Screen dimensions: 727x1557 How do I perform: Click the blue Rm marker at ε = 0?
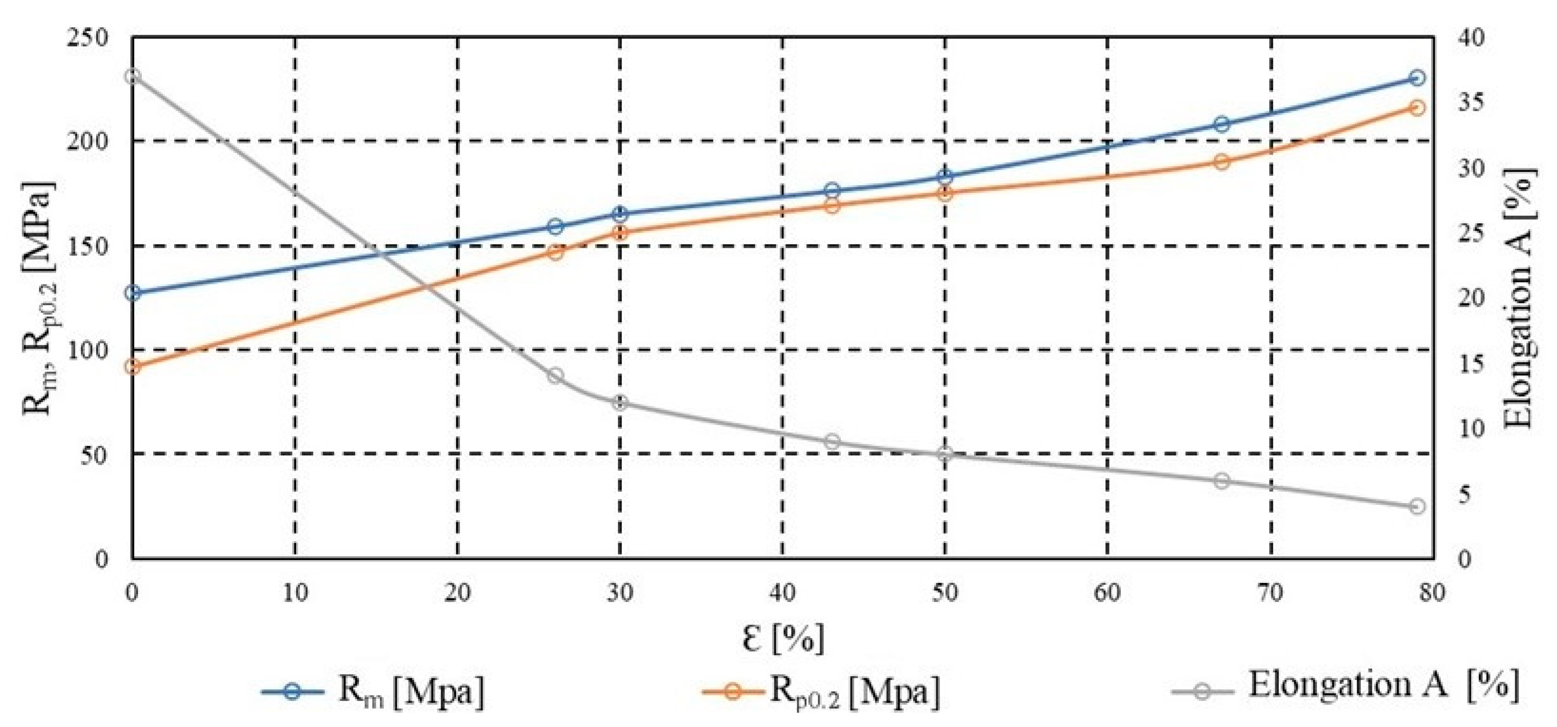133,293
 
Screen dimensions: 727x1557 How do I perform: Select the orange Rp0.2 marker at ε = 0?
133,366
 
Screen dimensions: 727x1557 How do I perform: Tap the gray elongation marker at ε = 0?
133,77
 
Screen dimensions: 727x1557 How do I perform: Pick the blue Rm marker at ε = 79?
1418,78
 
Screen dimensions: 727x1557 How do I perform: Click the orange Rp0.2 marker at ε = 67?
1221,162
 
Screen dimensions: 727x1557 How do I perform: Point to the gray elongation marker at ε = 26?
555,375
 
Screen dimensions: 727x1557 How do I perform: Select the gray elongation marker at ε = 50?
945,454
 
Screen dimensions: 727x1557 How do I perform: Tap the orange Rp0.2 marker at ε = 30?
620,233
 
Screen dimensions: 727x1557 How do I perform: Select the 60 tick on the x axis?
1107,593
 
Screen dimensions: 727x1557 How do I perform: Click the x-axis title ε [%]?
783,639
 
